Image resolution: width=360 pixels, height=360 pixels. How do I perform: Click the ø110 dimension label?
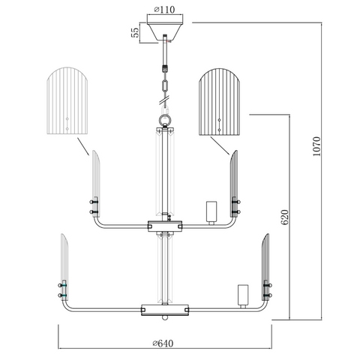point(164,10)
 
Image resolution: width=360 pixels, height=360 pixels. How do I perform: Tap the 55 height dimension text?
point(134,32)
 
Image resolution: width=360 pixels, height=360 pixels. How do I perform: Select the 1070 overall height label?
point(316,146)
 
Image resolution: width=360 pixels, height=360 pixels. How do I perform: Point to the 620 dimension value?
point(284,217)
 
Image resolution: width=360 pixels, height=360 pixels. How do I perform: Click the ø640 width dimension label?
point(163,343)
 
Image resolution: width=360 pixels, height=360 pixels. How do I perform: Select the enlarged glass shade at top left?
point(67,100)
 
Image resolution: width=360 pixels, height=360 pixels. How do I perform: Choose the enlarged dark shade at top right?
point(219,101)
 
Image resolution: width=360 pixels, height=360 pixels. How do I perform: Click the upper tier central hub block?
point(165,226)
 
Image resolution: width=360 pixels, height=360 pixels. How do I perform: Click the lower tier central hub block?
point(165,310)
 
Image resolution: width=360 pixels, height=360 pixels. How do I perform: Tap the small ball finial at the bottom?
point(165,318)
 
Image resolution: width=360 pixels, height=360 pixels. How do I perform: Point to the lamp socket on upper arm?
point(211,213)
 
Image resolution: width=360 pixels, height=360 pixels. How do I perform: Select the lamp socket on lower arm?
point(243,296)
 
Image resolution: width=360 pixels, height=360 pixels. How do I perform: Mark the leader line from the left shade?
point(83,146)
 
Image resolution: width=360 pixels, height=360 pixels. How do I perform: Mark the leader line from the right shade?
point(220,145)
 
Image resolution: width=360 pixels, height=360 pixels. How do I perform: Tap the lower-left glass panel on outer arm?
point(64,267)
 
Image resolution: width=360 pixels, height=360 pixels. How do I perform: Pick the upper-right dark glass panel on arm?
point(234,184)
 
